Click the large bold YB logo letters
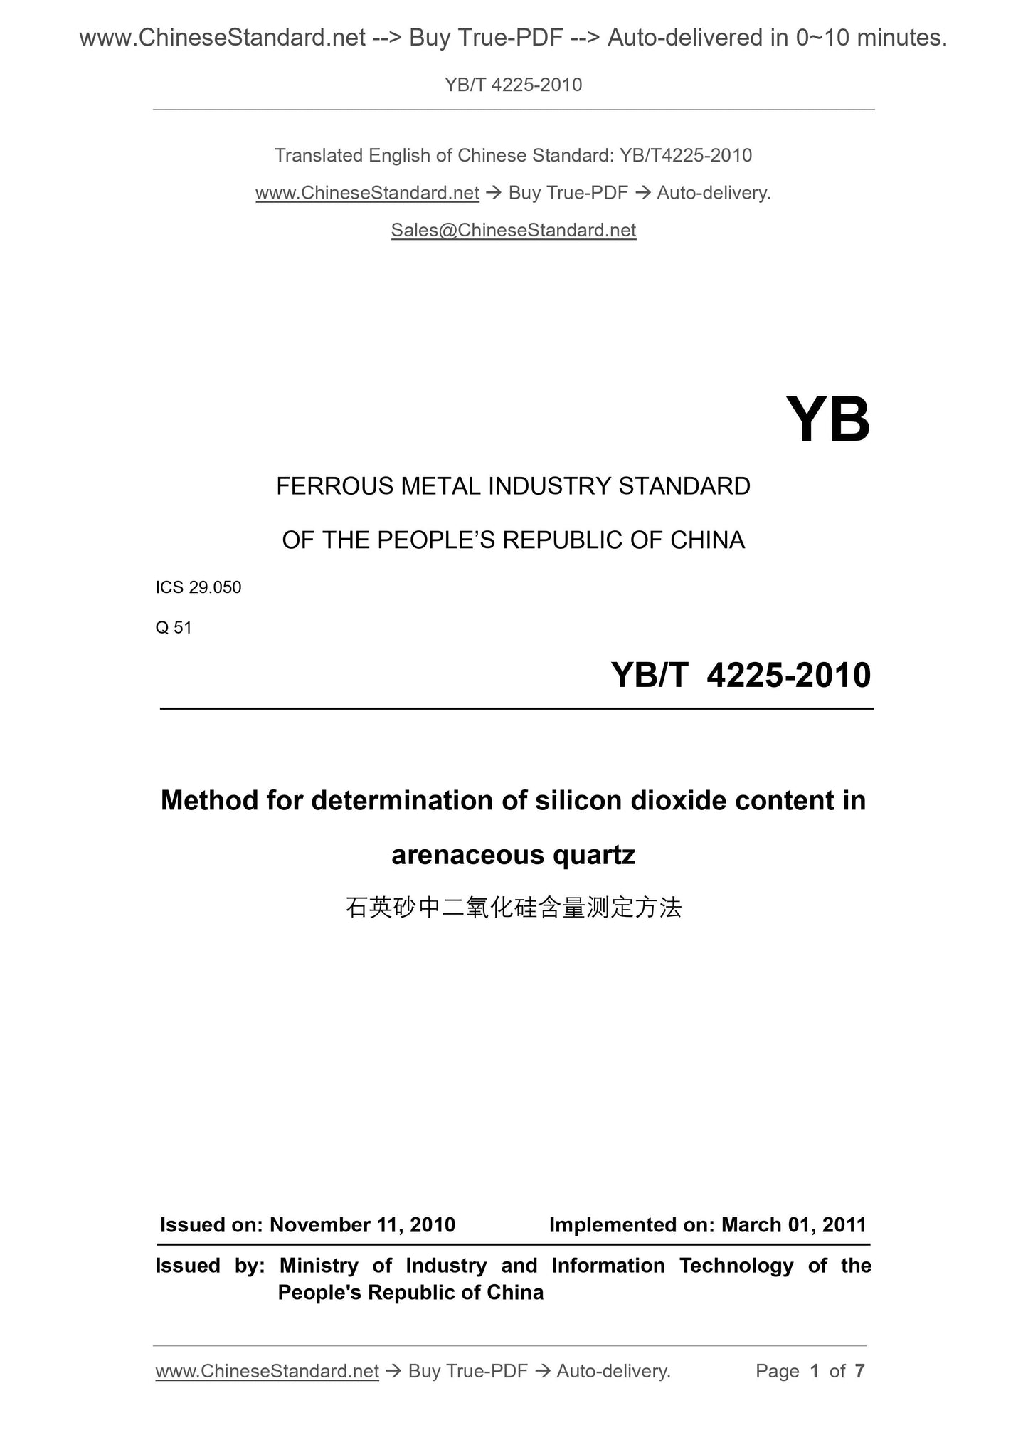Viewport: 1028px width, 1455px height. [827, 420]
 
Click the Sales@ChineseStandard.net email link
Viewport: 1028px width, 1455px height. [513, 230]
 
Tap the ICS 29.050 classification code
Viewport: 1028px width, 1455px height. [198, 587]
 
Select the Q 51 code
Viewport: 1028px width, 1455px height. [174, 627]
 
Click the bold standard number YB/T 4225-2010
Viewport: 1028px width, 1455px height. [741, 675]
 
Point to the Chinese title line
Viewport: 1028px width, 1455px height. [513, 908]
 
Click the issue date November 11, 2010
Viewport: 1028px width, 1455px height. [362, 1224]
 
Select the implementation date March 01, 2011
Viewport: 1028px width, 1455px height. [794, 1224]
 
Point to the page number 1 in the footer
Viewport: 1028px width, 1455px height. [815, 1370]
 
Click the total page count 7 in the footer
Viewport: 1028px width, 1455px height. [859, 1370]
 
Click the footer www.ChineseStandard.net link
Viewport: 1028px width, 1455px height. [267, 1371]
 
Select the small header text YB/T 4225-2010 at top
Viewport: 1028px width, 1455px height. [513, 85]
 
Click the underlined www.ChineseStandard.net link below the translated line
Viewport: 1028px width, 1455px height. [367, 193]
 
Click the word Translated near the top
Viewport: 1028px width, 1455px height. [318, 155]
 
